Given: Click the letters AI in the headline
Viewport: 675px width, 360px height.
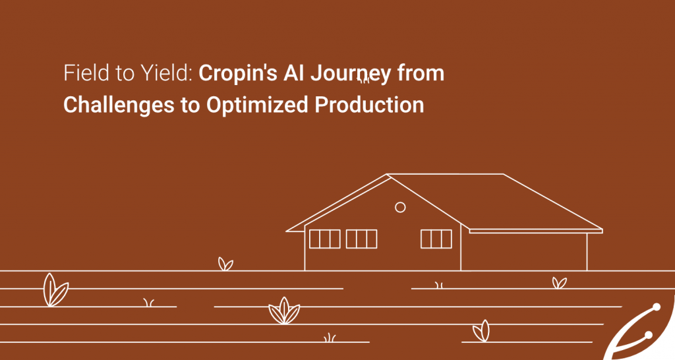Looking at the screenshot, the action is [x=293, y=73].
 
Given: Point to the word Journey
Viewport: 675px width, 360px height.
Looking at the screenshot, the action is [x=351, y=74].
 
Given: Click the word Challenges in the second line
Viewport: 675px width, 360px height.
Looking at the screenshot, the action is [x=119, y=105].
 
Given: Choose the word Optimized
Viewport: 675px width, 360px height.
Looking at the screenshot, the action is [x=257, y=105].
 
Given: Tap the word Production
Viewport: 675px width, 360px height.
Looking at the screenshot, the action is [x=369, y=105].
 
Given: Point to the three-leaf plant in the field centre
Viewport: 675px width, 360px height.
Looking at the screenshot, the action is [x=284, y=311].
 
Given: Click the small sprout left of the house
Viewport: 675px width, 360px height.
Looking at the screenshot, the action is [x=225, y=264].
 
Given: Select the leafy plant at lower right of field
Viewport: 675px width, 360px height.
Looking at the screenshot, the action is [x=482, y=332].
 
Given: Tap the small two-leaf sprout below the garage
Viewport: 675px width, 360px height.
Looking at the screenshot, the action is [x=559, y=283].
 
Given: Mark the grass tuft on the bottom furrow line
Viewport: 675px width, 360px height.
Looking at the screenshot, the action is [x=330, y=338].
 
